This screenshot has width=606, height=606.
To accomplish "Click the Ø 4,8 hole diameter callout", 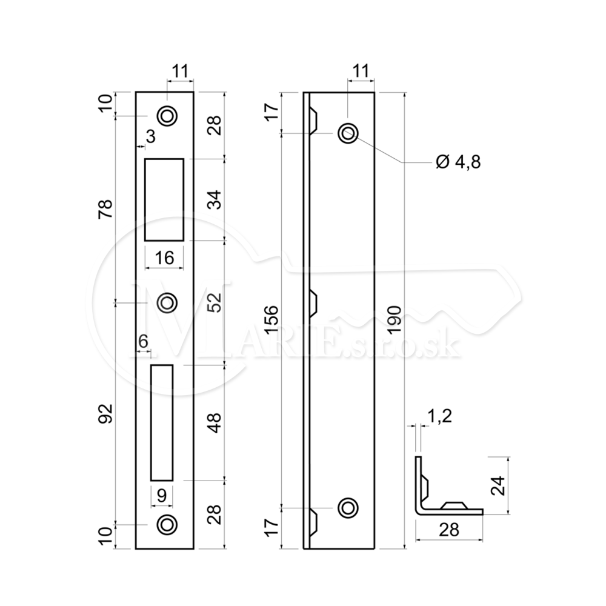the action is (458, 162).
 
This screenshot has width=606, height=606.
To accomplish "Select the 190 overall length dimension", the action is (394, 320).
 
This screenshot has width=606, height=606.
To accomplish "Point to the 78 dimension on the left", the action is (106, 208).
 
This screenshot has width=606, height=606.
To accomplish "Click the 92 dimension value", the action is (106, 413).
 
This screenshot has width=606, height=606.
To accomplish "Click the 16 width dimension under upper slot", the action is (164, 258).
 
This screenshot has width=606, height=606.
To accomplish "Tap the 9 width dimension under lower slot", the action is (162, 495).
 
